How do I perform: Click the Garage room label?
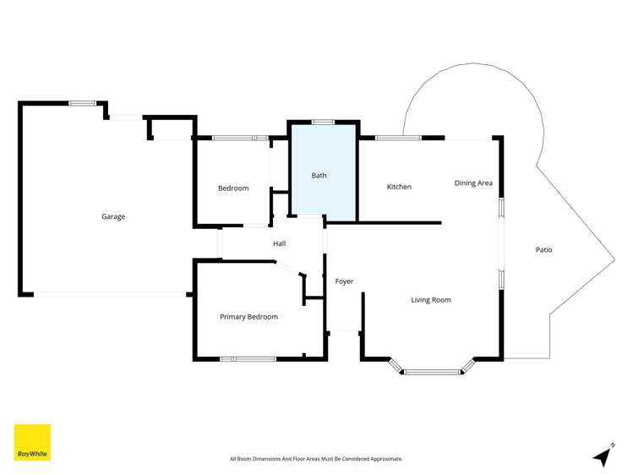click(x=113, y=216)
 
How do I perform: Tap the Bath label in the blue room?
click(x=319, y=176)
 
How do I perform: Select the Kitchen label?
click(x=399, y=187)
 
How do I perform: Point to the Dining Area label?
click(x=473, y=183)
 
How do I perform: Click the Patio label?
click(x=544, y=249)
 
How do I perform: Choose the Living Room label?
click(x=431, y=299)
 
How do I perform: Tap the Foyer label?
click(x=344, y=281)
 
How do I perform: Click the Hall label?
click(x=279, y=243)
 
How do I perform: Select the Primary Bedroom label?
click(x=248, y=317)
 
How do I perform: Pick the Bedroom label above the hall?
click(x=233, y=188)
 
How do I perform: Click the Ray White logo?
click(x=32, y=442)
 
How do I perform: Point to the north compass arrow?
click(x=603, y=456)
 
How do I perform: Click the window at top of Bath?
click(x=322, y=122)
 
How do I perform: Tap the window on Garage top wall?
click(x=82, y=103)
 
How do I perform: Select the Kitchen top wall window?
click(x=398, y=137)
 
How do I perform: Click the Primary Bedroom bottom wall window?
click(x=248, y=359)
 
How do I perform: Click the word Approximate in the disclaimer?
click(x=384, y=459)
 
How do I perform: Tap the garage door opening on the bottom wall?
click(x=110, y=294)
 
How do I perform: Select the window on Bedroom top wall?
click(x=240, y=137)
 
